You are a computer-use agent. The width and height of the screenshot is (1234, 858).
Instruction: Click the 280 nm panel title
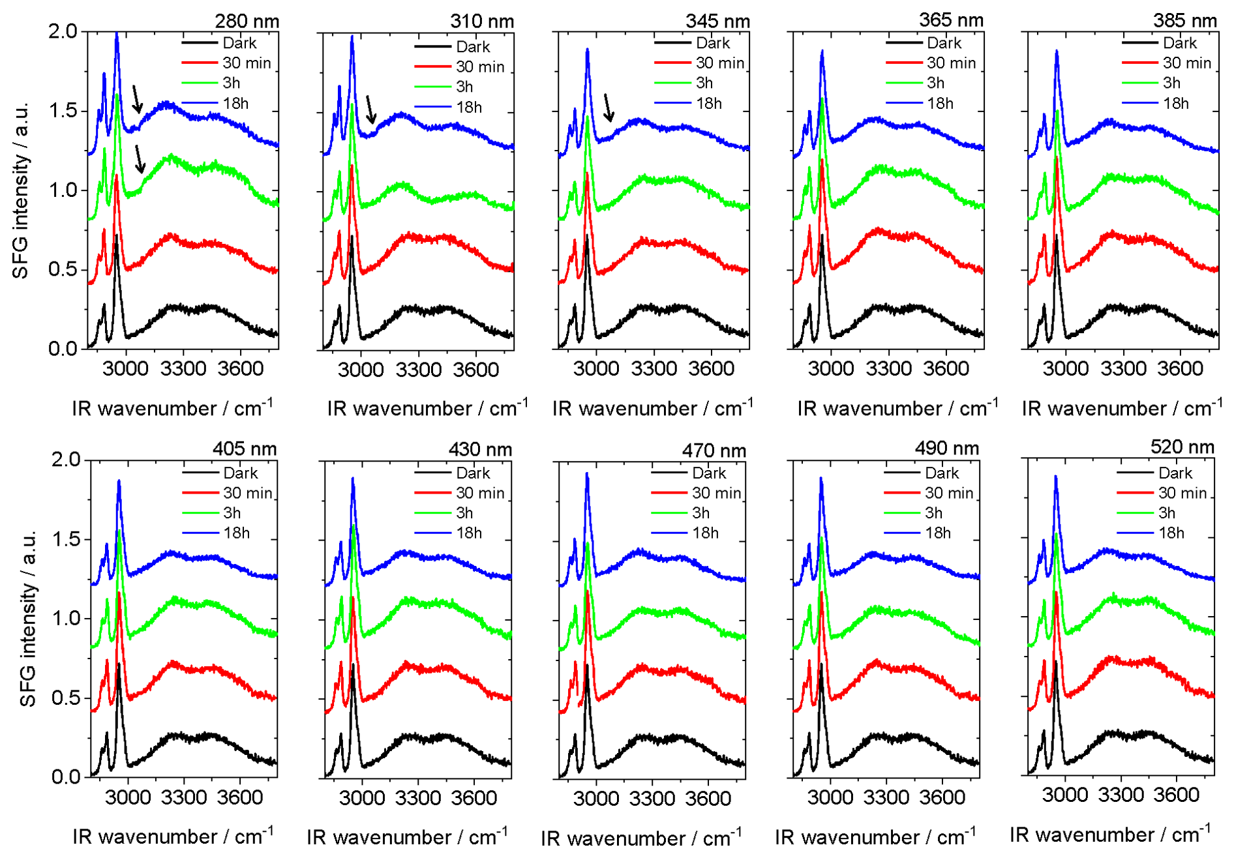pyautogui.click(x=247, y=22)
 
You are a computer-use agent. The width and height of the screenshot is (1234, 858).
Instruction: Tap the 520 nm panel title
pyautogui.click(x=1182, y=447)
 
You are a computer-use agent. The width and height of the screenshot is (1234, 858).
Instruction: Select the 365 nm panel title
pyautogui.click(x=951, y=20)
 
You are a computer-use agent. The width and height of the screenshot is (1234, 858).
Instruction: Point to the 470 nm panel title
pyautogui.click(x=714, y=451)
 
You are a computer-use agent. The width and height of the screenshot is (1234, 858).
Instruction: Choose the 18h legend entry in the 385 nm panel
pyautogui.click(x=1175, y=103)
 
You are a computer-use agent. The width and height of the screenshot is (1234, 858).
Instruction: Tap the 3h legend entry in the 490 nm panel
pyautogui.click(x=933, y=513)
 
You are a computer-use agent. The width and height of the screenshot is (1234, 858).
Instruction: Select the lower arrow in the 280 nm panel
pyautogui.click(x=139, y=159)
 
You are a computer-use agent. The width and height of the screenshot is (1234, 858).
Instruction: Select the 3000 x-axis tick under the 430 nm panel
pyautogui.click(x=362, y=797)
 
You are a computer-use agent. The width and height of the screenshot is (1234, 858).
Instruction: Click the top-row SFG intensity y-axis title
pyautogui.click(x=21, y=190)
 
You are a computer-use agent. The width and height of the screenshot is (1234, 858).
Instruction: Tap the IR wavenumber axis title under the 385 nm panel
pyautogui.click(x=1121, y=408)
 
